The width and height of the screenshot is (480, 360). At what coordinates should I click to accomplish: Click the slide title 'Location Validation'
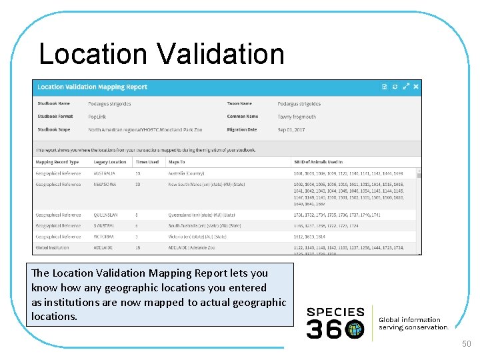coord(161,54)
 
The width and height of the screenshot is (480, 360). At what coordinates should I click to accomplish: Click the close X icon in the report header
coord(417,87)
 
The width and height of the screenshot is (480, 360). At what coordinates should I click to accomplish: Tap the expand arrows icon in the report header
coord(406,87)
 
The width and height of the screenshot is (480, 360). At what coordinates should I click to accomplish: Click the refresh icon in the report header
coord(395,87)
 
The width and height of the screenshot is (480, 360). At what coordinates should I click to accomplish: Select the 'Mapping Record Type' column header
coord(57,162)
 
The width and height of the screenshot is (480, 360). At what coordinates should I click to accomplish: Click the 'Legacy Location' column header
coord(110,162)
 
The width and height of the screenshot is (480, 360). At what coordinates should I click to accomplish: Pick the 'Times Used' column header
coord(147,162)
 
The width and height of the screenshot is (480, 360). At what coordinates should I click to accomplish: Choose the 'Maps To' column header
coord(177,162)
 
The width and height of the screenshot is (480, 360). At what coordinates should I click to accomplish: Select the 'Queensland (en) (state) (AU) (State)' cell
coord(201,215)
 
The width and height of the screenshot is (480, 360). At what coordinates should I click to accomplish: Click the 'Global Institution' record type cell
coord(53,247)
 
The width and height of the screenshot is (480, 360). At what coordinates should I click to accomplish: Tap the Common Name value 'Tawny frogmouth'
coord(297,117)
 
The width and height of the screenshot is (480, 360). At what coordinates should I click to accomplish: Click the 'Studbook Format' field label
coord(56,117)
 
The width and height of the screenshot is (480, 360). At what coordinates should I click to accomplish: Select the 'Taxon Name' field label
coord(239,104)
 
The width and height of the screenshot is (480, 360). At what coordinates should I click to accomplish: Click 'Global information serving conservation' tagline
coord(414,323)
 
